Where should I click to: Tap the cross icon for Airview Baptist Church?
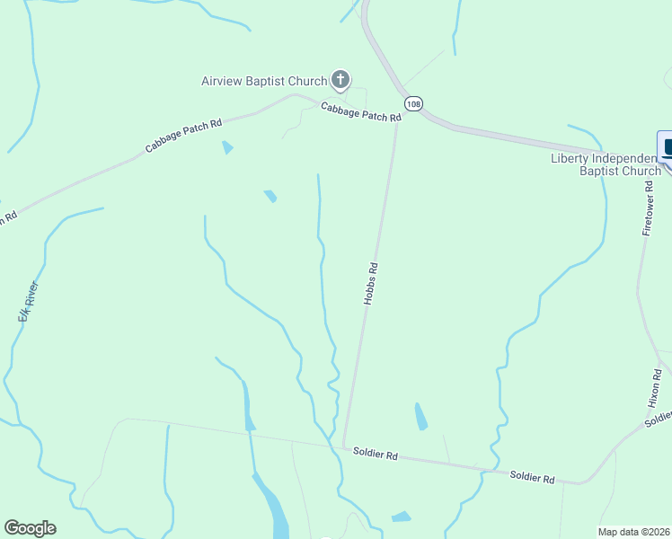click(x=340, y=81)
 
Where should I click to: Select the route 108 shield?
click(x=412, y=104)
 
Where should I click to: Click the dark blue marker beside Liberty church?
click(x=667, y=147)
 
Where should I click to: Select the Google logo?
click(x=30, y=528)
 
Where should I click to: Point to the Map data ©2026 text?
click(x=634, y=532)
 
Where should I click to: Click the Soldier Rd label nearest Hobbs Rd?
click(x=376, y=455)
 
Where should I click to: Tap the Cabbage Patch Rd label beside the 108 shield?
click(x=360, y=111)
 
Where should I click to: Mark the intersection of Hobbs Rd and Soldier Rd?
click(x=344, y=445)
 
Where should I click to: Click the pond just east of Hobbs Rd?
click(x=420, y=416)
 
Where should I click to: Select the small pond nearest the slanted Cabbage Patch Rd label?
click(x=227, y=147)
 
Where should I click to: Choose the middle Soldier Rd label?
click(x=532, y=477)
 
